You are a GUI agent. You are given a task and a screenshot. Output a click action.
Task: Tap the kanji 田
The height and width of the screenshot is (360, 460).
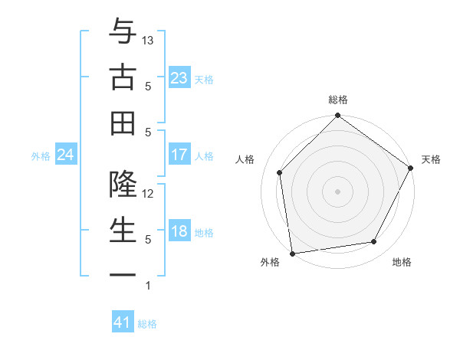(x=123, y=123)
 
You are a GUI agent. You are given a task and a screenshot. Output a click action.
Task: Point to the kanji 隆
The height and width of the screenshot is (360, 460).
(x=123, y=185)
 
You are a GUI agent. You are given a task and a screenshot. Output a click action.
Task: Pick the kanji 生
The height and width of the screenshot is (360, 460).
(x=123, y=230)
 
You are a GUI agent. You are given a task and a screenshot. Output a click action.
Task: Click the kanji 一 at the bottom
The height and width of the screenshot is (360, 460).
(x=123, y=275)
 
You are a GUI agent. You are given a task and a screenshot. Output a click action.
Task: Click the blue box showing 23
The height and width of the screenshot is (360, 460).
(x=179, y=78)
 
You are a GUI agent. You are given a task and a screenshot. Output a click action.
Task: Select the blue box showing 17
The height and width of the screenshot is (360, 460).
(x=179, y=155)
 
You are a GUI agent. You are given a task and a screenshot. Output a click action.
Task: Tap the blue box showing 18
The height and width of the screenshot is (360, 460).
(x=179, y=232)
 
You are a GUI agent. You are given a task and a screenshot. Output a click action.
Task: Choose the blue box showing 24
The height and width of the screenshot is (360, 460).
(x=65, y=155)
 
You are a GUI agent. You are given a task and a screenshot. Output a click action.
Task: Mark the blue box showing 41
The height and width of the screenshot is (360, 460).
(x=123, y=322)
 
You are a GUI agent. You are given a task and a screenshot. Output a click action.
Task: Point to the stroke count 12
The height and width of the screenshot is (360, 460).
(x=149, y=193)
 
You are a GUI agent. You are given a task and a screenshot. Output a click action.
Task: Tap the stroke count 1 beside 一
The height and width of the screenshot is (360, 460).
(x=147, y=286)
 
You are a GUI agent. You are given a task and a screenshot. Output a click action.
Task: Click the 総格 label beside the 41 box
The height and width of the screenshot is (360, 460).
(x=147, y=324)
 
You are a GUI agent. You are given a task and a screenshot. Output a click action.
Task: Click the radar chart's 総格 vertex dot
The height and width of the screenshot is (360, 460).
(x=337, y=116)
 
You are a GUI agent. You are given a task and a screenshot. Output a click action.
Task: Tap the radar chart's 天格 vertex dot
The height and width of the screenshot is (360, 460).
(x=411, y=169)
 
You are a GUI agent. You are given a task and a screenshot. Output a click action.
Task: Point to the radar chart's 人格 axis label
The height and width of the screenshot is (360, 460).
(x=245, y=159)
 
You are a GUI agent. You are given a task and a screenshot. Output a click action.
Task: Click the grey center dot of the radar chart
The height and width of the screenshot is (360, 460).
(x=337, y=191)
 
